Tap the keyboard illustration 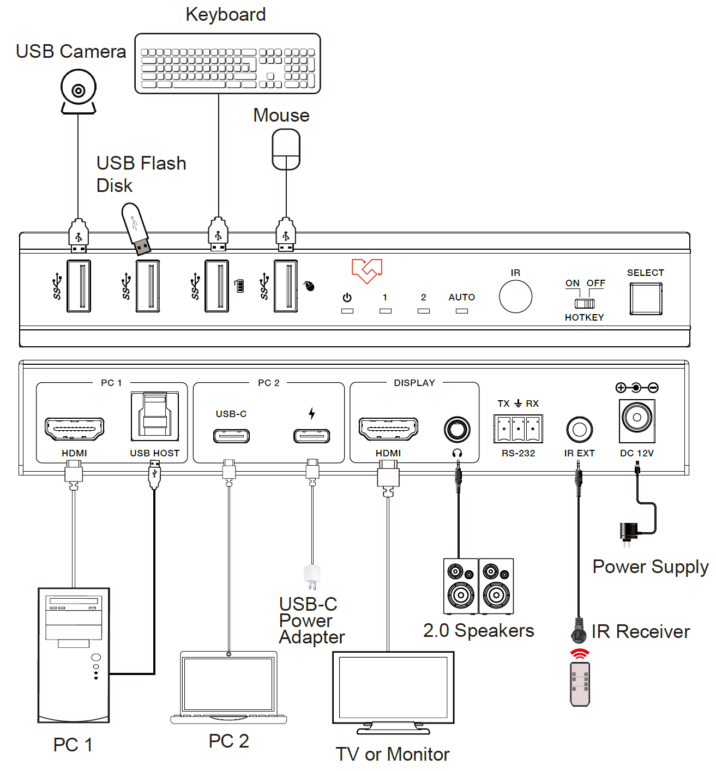[x=227, y=64]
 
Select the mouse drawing [x=286, y=149]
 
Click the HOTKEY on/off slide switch [x=585, y=303]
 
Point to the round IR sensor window [x=515, y=297]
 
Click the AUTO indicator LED [x=462, y=311]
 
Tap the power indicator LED [x=347, y=311]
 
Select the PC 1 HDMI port [x=75, y=429]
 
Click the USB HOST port [x=155, y=417]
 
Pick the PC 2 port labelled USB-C [x=231, y=436]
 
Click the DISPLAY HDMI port [x=388, y=429]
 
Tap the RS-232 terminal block [x=518, y=429]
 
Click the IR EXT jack [x=579, y=430]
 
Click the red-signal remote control [x=580, y=684]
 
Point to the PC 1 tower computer [x=74, y=655]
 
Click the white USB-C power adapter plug [x=312, y=576]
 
